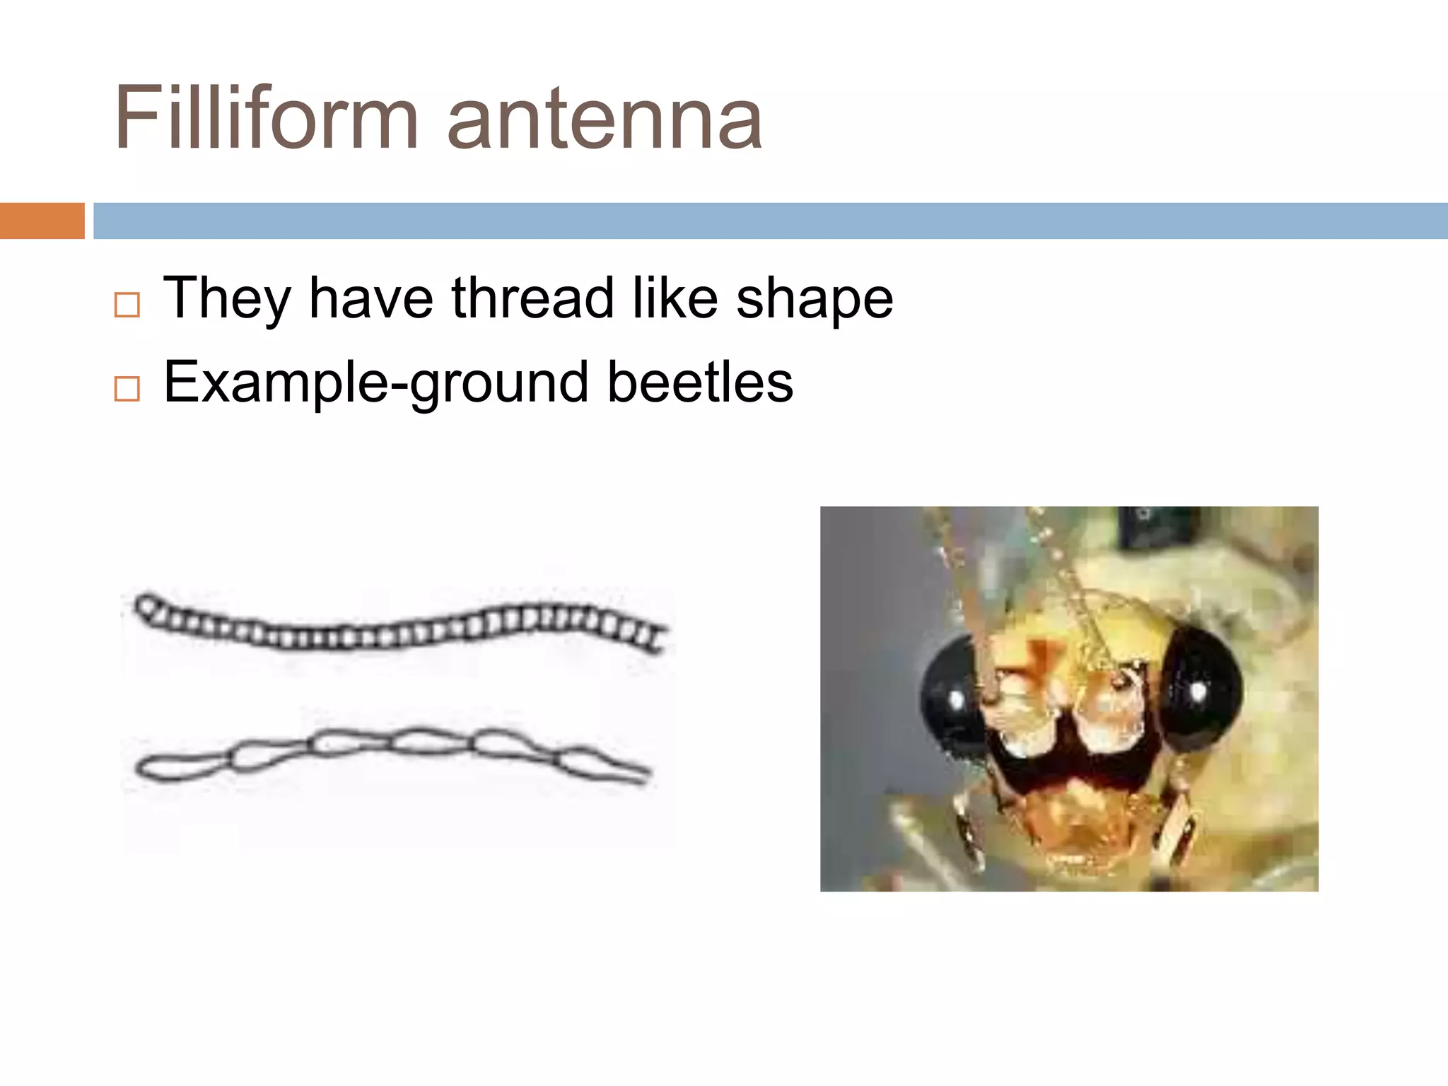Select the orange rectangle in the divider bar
[x=42, y=221]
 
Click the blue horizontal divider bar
[x=770, y=221]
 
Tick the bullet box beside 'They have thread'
[x=127, y=305]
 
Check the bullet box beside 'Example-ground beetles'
[x=127, y=389]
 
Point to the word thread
[x=532, y=298]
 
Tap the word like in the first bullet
[x=674, y=298]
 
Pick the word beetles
[x=700, y=383]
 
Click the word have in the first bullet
[x=371, y=298]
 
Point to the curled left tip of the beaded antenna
[x=147, y=607]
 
